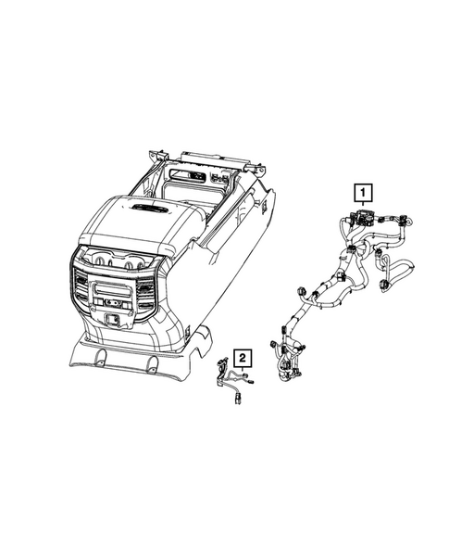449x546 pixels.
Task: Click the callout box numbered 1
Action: [x=362, y=193]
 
